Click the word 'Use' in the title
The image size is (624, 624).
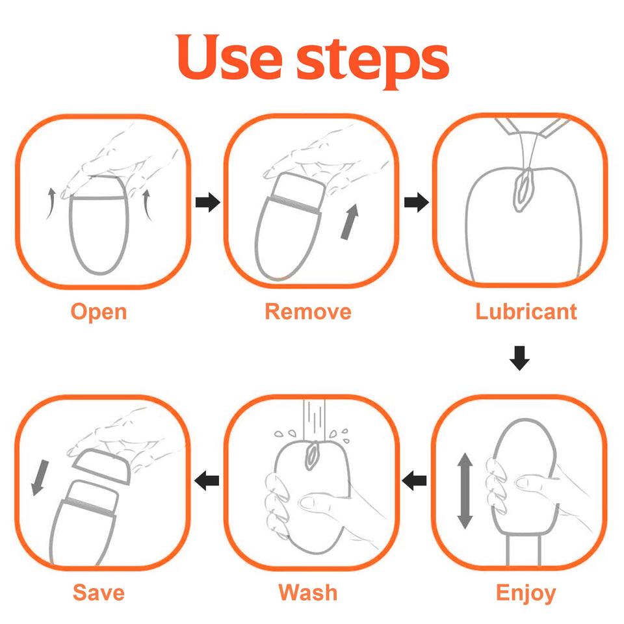point(229,57)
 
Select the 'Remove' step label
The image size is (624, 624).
point(308,311)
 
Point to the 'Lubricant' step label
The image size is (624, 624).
point(526,311)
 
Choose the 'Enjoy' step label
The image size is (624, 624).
point(526,593)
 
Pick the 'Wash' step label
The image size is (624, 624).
point(308,593)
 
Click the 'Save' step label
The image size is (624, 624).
point(99,593)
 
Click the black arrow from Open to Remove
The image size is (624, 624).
point(208,202)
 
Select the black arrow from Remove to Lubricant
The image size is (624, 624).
point(416,202)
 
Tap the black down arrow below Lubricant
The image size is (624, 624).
point(519,358)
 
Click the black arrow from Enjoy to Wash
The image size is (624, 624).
point(414,481)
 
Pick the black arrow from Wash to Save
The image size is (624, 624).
point(207,481)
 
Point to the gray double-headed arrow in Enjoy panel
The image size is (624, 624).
point(465,491)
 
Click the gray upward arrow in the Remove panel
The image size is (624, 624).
point(350,222)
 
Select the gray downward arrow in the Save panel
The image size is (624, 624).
point(40,478)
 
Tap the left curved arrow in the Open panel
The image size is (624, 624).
point(51,203)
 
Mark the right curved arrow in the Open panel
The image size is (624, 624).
point(148,205)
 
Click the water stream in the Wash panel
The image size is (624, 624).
point(314,421)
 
